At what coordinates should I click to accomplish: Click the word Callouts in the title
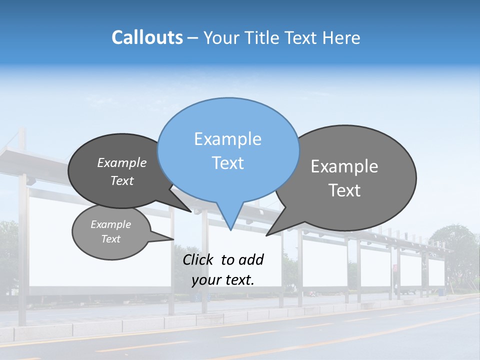point(147,37)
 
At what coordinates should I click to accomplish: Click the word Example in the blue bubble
point(227,139)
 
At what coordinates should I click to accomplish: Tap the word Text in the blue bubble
point(227,163)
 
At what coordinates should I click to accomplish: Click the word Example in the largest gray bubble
point(344,166)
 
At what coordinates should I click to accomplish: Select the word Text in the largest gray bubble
point(344,190)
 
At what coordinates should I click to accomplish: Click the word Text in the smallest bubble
point(111,239)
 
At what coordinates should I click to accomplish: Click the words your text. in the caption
point(223,280)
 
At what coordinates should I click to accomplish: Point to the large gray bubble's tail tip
point(267,234)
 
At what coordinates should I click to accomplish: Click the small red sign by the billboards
point(395,268)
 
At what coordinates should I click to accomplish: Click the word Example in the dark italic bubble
point(122,163)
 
